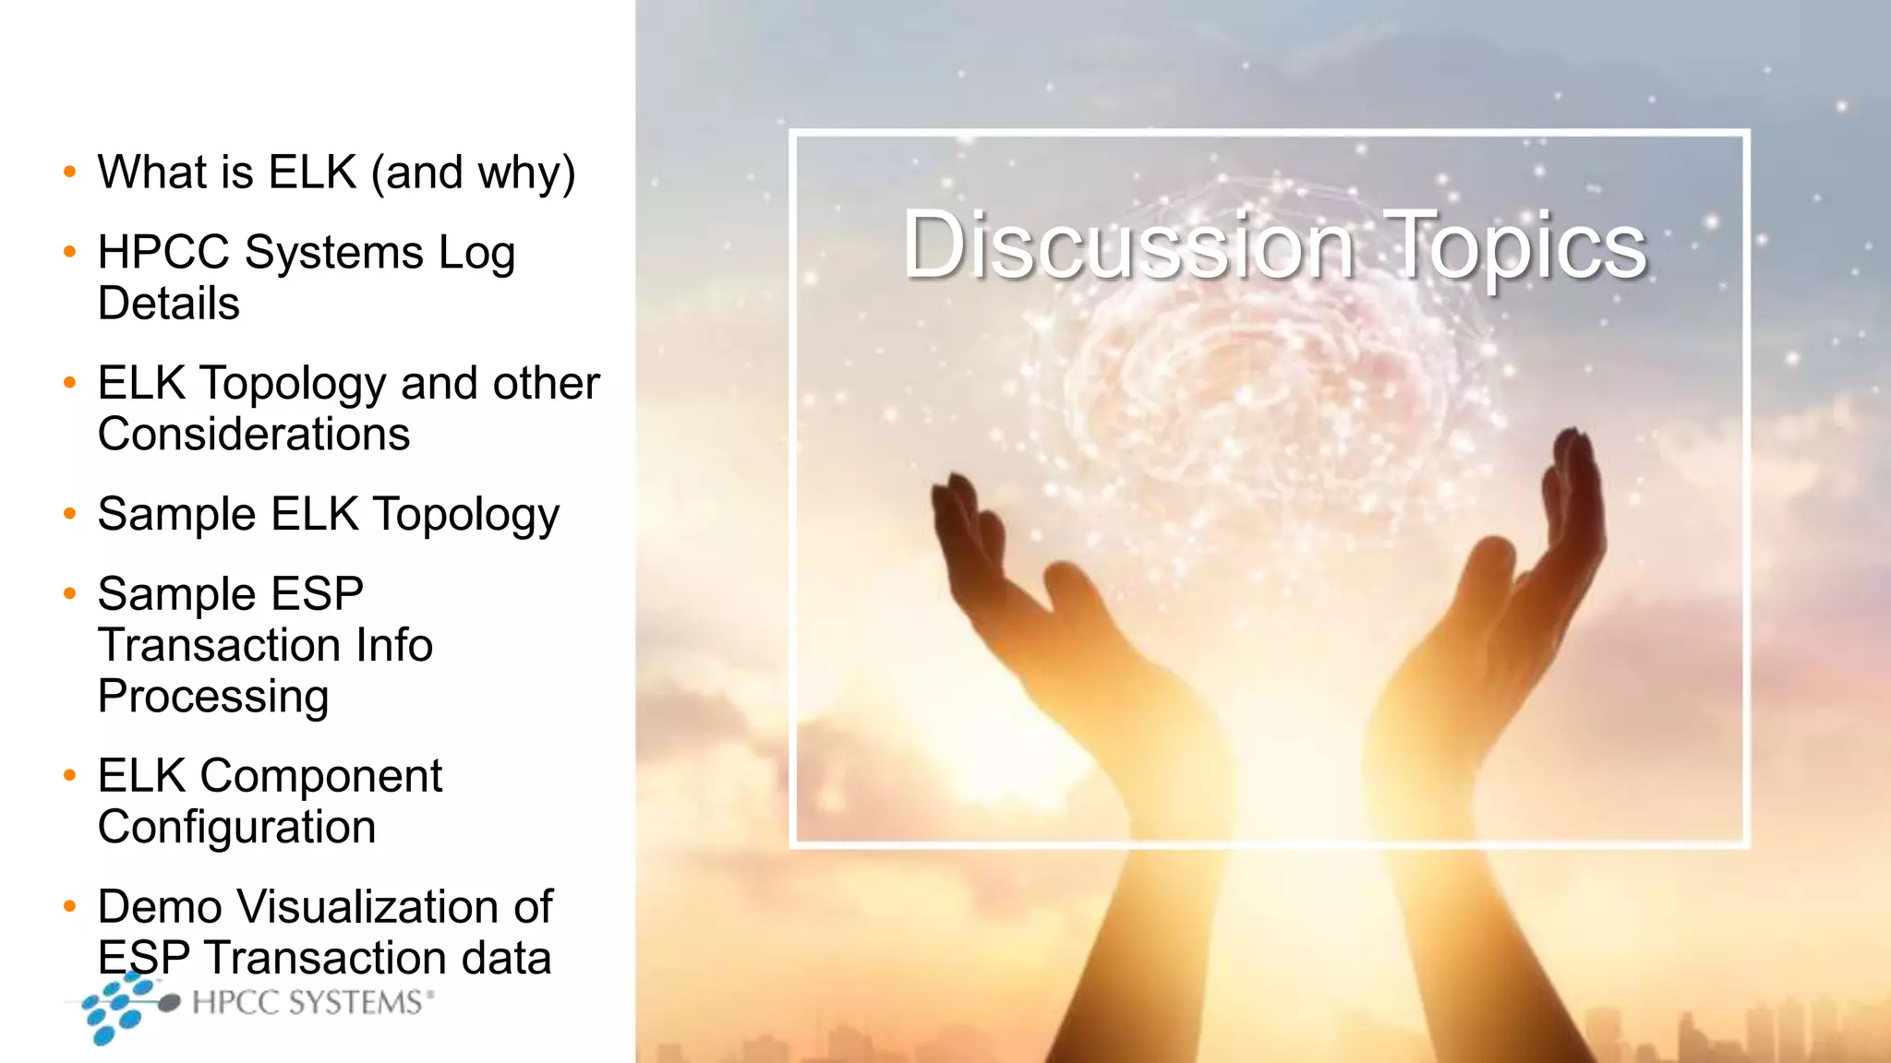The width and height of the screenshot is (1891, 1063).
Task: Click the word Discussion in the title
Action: (x=1128, y=245)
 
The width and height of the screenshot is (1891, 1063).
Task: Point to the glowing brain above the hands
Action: (x=1265, y=369)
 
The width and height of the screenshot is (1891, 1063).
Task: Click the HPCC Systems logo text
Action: (x=309, y=1003)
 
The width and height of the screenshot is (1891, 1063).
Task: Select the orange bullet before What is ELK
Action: (x=69, y=172)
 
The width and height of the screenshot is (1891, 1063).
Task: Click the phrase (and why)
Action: (x=474, y=173)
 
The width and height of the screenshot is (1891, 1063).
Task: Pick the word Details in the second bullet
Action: (x=169, y=304)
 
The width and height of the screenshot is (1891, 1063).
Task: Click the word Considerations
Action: (x=254, y=435)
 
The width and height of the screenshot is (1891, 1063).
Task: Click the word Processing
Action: (x=213, y=697)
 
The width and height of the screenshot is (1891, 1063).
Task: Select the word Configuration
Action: (x=237, y=828)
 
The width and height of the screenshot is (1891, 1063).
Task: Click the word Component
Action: (x=320, y=776)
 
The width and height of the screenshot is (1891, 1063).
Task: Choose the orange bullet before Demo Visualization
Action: (x=69, y=906)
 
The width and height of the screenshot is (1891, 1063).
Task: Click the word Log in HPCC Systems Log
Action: (x=476, y=254)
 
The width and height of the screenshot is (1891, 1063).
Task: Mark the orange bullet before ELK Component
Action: (x=69, y=776)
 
